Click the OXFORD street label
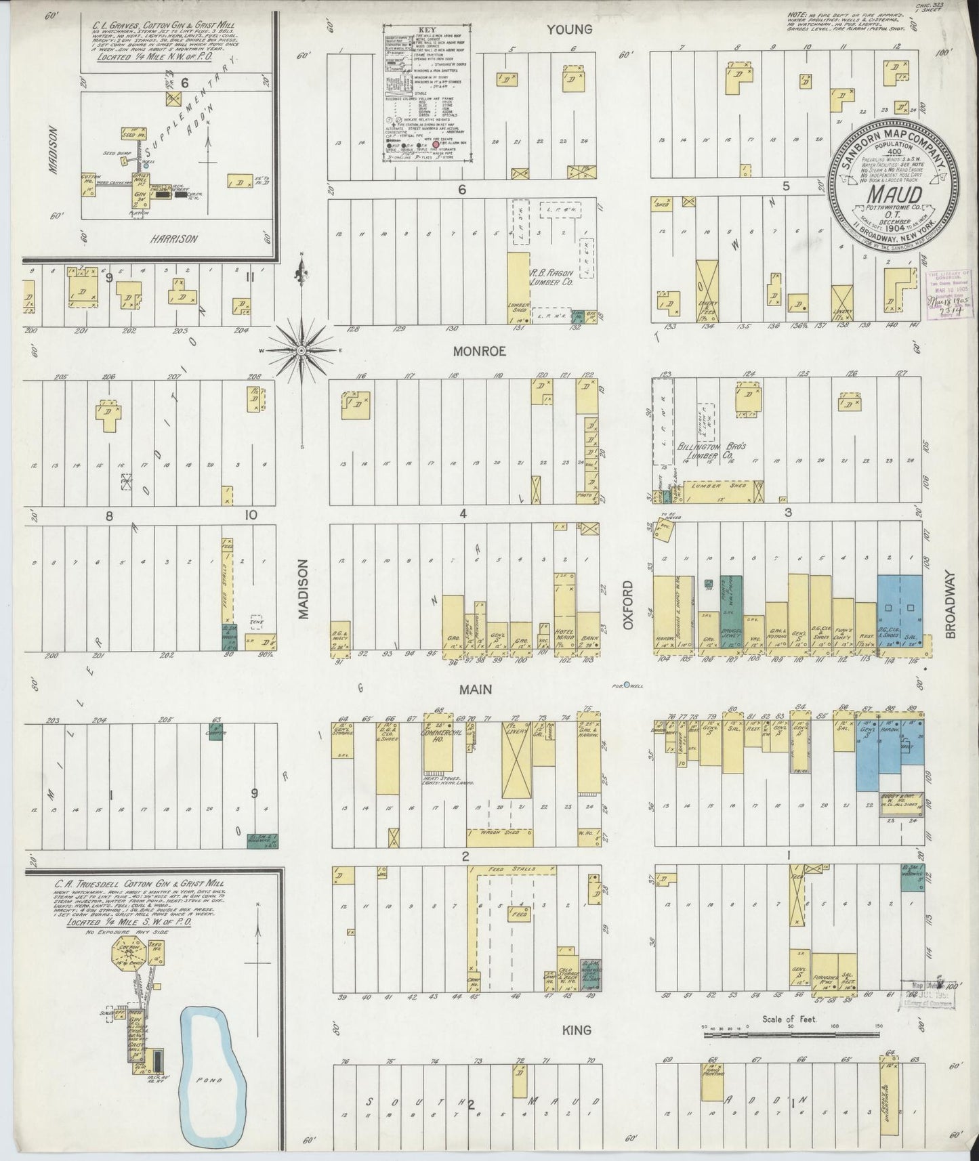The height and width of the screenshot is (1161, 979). pos(628,604)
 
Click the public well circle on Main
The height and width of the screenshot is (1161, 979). pos(627,685)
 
